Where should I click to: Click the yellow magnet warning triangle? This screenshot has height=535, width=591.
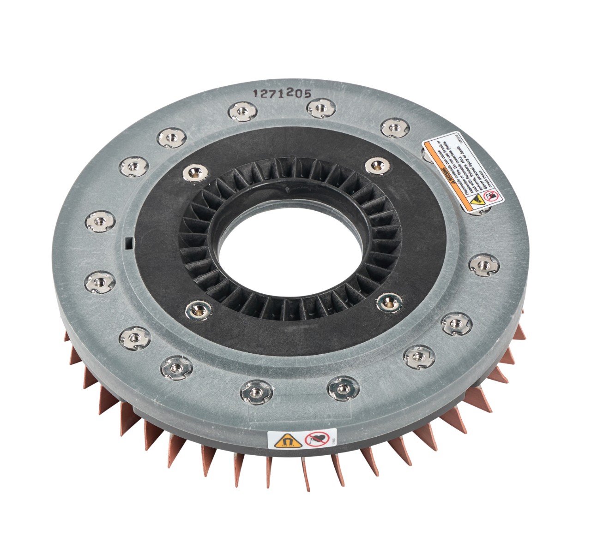[281, 441]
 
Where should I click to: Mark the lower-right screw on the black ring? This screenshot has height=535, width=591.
[389, 303]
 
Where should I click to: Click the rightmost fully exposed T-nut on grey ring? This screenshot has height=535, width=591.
[481, 265]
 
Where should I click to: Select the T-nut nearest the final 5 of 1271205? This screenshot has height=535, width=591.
[319, 109]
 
